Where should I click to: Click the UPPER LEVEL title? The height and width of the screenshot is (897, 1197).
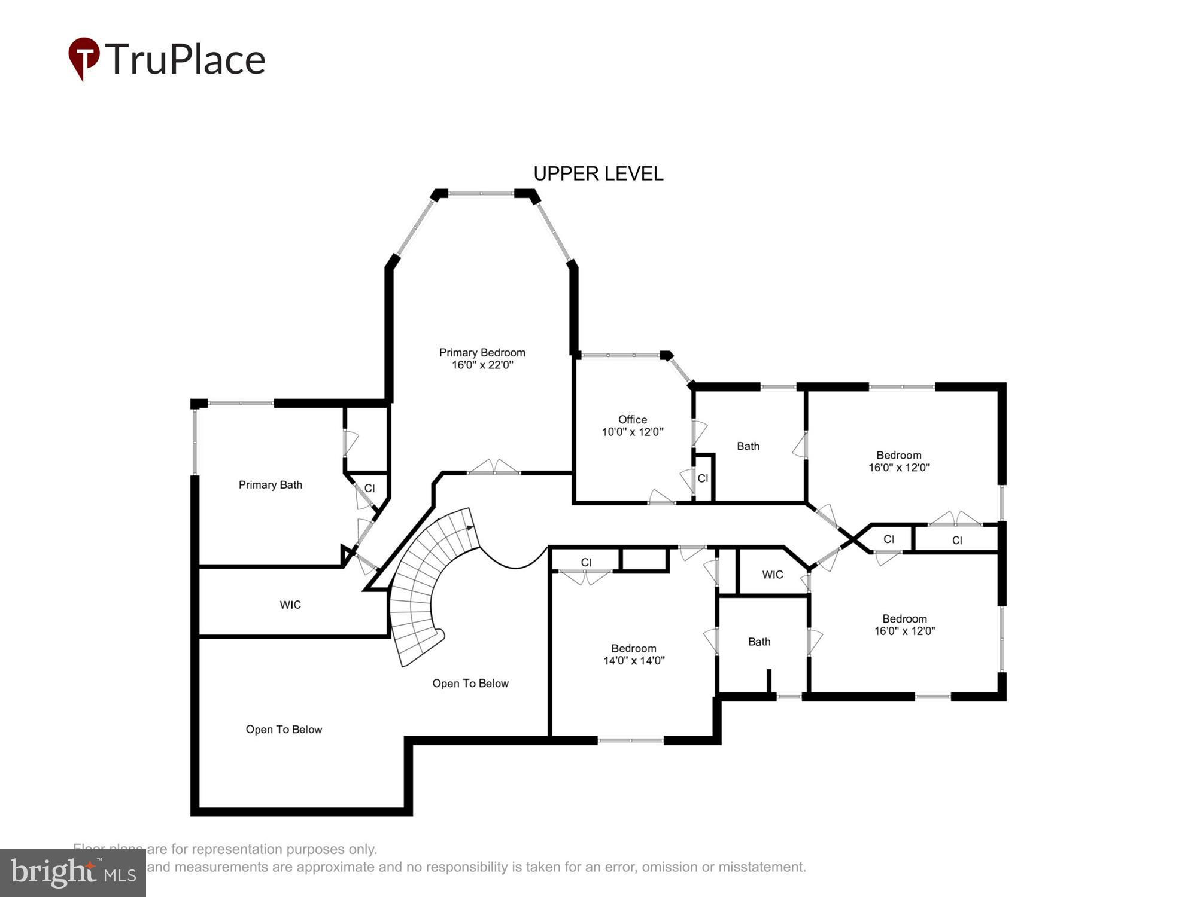pos(598,173)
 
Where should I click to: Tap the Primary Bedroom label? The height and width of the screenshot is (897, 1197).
pos(482,359)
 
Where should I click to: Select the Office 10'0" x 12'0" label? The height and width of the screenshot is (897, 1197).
pos(633,426)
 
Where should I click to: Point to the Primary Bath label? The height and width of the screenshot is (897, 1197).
pos(270,485)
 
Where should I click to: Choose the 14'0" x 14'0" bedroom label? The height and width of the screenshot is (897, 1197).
pos(634,655)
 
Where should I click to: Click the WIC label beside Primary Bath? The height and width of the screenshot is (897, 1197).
pos(290,605)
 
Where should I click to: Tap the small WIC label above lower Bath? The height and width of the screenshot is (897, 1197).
pos(772,575)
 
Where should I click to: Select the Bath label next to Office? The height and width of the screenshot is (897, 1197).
pos(748,446)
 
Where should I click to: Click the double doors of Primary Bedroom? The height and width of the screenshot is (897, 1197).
pos(494,468)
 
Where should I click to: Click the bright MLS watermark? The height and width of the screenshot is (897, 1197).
pos(72,873)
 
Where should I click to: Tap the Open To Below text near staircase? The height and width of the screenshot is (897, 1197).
pos(470,684)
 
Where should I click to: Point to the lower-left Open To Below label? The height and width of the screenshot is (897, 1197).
pos(284,730)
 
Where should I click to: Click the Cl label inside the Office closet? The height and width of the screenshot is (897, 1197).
pos(703,478)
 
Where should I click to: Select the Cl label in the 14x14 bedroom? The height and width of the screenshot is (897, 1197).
pos(586,563)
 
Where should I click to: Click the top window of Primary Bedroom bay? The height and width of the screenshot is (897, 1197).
pos(481,193)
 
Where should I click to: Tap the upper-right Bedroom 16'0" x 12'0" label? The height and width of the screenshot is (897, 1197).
pos(898,462)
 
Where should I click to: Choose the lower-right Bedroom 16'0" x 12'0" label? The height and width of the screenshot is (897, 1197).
pos(904,625)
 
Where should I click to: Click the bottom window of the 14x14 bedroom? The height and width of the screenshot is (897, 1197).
pos(630,740)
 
